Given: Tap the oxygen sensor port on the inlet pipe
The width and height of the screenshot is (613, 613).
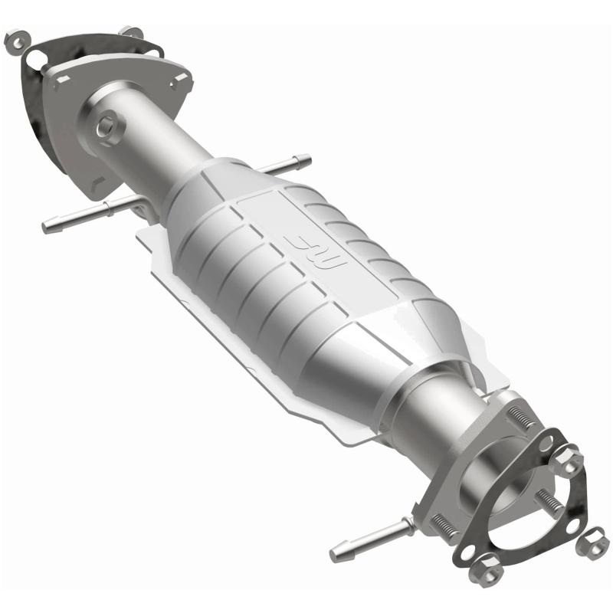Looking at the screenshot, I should pos(107,126).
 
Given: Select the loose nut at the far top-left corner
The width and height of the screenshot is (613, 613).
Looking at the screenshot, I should pos(15,41).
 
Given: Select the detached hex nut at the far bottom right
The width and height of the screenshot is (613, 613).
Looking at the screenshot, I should pos(591,543).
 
